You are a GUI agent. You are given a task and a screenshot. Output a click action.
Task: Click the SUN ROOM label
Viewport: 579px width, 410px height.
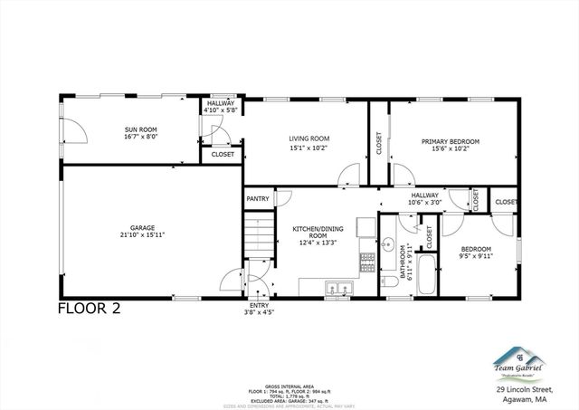[140, 130]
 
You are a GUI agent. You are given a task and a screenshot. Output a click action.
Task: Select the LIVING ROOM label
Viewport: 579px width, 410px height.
[308, 138]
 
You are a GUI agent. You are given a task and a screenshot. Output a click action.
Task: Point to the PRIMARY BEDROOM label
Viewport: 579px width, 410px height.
[450, 141]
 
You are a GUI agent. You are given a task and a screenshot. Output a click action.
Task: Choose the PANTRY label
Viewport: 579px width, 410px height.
[256, 198]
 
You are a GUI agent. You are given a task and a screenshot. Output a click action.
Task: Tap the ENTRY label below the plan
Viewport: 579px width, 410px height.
[259, 306]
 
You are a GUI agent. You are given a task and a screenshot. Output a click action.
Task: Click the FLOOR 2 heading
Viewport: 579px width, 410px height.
[89, 307]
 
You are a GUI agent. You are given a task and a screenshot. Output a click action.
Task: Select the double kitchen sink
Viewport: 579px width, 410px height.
[340, 289]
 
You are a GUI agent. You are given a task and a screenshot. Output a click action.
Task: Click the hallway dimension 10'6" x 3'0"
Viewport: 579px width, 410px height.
[425, 203]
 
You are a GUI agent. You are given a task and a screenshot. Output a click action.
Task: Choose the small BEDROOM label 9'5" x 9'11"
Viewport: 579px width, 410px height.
[475, 249]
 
